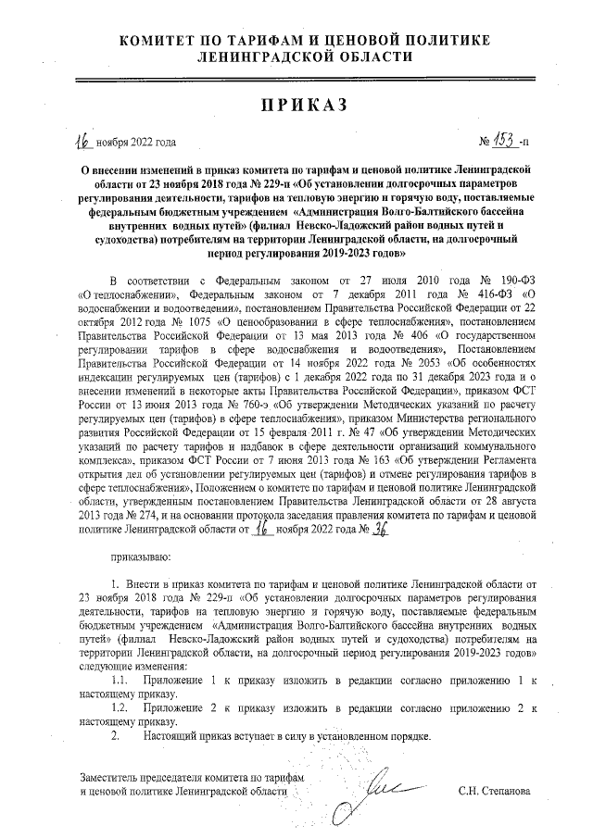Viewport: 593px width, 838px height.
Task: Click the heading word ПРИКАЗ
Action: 296,105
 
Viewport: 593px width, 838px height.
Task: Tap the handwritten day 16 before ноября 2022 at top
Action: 85,141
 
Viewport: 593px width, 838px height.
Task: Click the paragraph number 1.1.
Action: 119,681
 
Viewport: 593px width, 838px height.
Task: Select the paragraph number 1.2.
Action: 119,707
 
